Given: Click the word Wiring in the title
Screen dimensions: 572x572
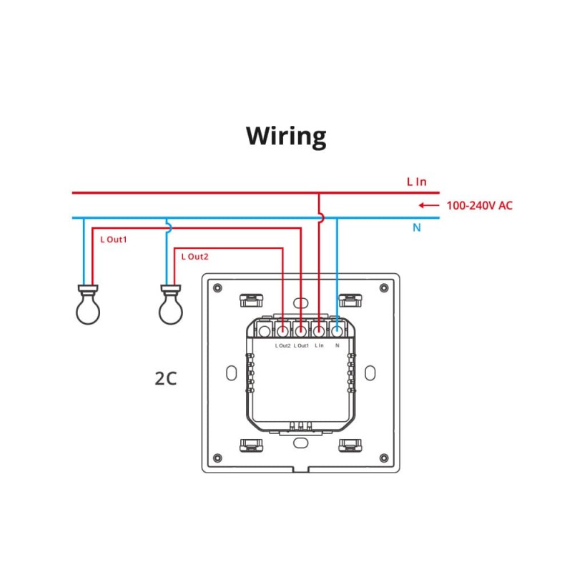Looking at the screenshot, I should point(286,135).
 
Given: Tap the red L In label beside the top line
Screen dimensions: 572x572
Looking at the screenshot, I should point(416,182).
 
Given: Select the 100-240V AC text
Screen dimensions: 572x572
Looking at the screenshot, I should point(480,205).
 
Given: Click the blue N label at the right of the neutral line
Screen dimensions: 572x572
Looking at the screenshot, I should point(416,228).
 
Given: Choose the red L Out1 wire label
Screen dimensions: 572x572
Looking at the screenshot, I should point(113,240).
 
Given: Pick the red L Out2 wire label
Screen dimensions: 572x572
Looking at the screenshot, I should point(194,256).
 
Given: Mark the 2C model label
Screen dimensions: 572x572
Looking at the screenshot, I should point(165,378).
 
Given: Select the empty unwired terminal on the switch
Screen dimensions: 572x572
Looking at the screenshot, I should point(265,330).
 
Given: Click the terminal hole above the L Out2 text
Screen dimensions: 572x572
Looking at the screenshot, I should point(283,330).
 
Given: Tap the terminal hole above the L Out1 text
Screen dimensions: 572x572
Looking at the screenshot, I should point(301,330).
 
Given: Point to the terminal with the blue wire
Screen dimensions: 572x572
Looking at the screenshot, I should point(337,330).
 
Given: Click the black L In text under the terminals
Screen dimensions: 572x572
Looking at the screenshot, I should point(319,346).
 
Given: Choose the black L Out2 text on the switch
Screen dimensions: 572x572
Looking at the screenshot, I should point(282,346).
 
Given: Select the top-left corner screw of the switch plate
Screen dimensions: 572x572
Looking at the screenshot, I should point(217,287).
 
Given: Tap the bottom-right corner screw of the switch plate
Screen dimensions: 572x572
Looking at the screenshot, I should point(384,457).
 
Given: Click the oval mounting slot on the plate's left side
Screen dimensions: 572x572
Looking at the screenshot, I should point(231,373).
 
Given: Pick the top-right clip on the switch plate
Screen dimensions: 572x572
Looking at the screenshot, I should point(350,300).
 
